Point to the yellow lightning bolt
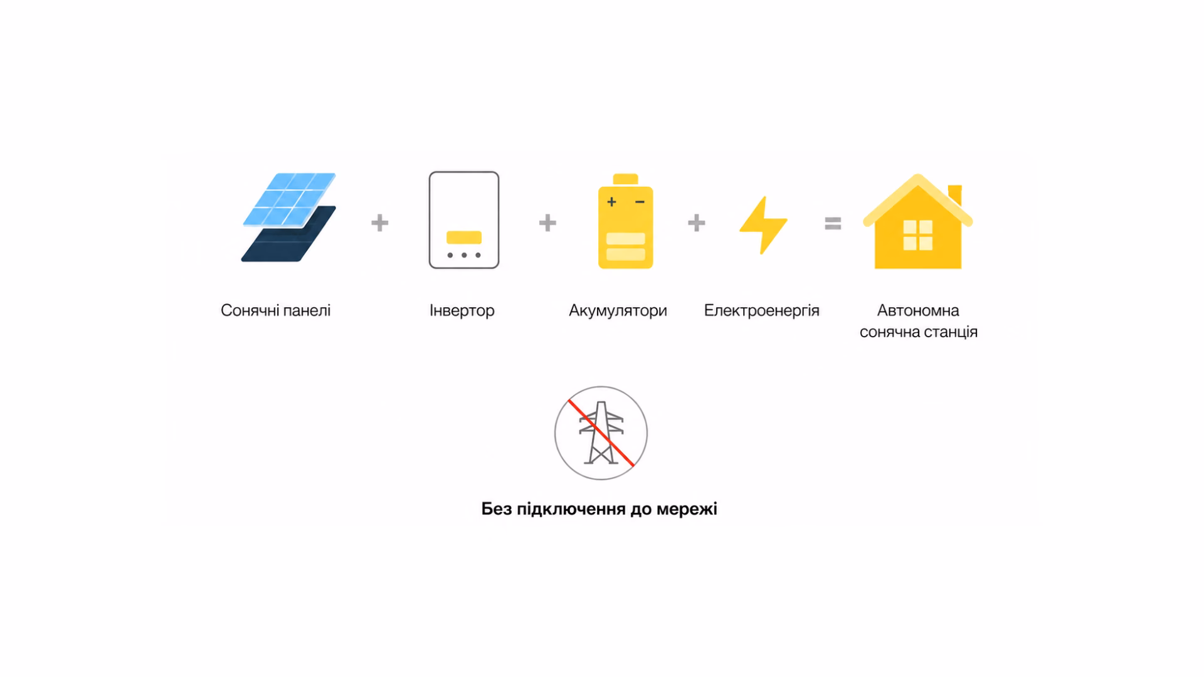click(x=763, y=225)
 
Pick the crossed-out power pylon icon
click(x=601, y=433)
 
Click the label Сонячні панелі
click(x=275, y=310)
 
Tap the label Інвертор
click(x=462, y=310)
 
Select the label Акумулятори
click(x=618, y=310)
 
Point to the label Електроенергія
click(x=761, y=310)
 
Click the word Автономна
click(x=918, y=310)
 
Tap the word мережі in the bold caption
click(x=687, y=509)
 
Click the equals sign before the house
click(x=833, y=223)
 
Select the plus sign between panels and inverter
click(x=379, y=223)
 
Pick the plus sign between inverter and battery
click(x=547, y=223)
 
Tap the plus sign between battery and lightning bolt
click(x=696, y=223)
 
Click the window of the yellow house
click(x=918, y=235)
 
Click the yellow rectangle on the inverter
click(x=464, y=238)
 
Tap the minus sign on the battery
click(x=640, y=202)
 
